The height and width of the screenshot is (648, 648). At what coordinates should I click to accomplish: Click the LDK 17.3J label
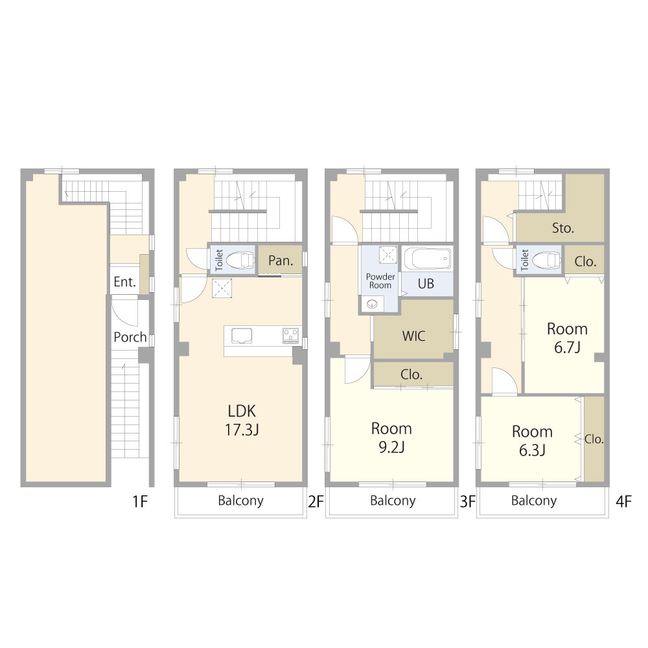coord(242,421)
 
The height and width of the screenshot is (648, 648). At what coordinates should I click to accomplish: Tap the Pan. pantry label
coord(281,260)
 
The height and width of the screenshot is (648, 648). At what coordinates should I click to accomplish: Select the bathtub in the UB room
coord(427,259)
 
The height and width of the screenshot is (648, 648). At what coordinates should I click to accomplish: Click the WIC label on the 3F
coord(413,336)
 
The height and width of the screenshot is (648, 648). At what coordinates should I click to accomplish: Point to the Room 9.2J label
coord(391,437)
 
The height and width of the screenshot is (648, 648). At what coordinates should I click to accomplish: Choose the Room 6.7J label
coord(567,338)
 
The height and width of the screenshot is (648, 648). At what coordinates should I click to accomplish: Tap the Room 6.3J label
coord(532,441)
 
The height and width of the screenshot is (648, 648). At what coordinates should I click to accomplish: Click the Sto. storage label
coord(563,227)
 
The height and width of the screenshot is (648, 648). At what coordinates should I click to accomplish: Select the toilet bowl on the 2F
coord(240,260)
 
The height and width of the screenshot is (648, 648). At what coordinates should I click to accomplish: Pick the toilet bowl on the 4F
coord(546,260)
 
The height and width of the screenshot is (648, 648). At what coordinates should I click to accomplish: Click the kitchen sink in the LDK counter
coord(242,335)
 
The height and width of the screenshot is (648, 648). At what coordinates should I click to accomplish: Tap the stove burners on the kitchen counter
coord(290,335)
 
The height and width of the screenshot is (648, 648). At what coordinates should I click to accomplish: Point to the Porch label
coord(130,337)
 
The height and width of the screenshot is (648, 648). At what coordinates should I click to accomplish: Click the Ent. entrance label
coord(125,282)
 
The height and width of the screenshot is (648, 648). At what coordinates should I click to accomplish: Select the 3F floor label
coord(467,502)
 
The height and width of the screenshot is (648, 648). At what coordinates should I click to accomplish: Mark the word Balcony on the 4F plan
coord(533,500)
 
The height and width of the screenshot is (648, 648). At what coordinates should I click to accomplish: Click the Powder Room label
coord(380,281)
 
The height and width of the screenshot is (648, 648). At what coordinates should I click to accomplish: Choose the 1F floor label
coord(140,502)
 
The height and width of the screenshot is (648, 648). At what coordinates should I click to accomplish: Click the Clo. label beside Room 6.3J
coord(594,439)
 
